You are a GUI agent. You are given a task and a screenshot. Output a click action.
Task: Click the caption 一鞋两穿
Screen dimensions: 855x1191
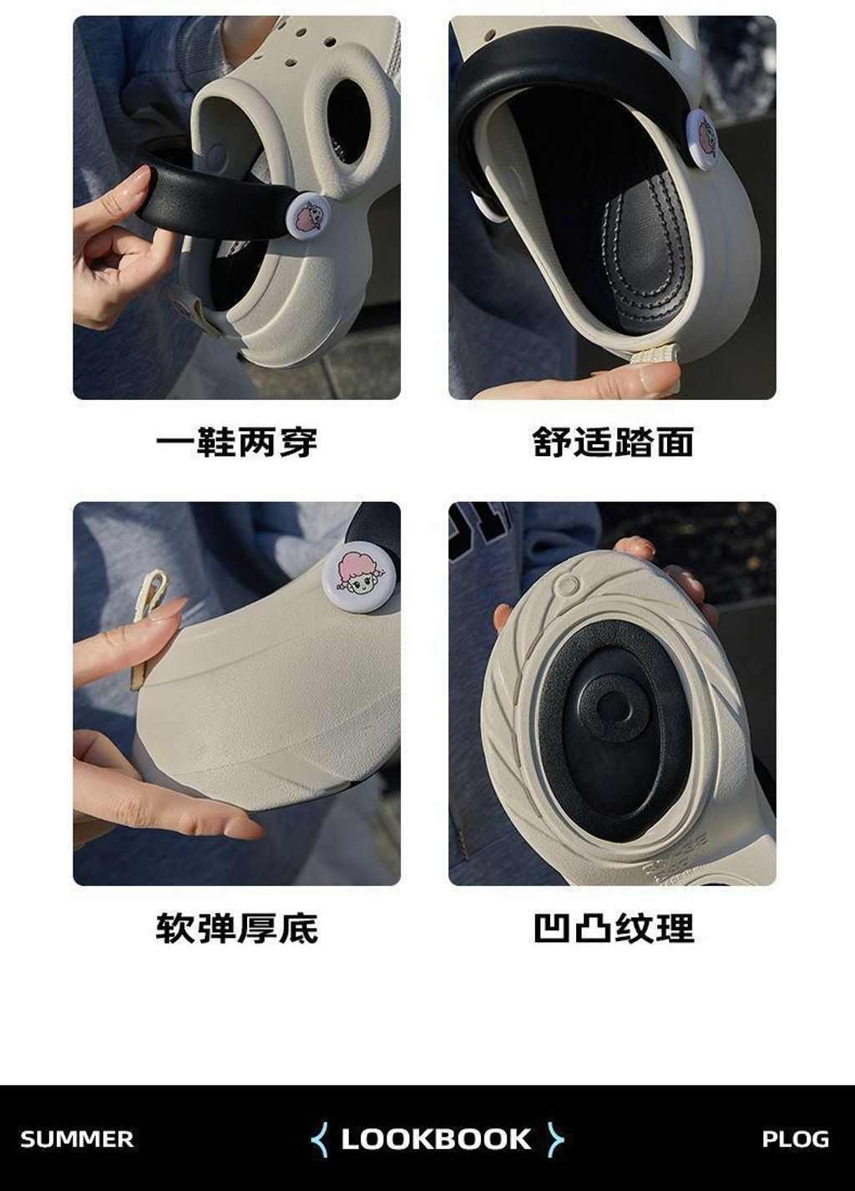236,441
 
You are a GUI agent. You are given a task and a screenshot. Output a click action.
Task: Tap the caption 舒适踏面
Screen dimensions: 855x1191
613,441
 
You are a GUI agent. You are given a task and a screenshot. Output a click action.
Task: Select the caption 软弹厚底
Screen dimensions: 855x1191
237,928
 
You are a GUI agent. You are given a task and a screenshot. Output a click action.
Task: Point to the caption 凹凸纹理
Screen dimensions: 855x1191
614,928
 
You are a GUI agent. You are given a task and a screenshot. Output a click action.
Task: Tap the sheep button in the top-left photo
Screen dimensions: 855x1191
307,215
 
